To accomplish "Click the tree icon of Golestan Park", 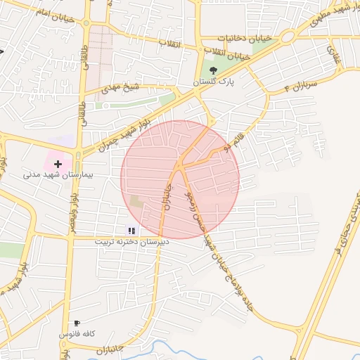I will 213,69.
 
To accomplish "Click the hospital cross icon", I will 58,163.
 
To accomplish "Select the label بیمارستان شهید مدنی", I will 58,174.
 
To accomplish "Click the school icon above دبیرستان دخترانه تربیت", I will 130,230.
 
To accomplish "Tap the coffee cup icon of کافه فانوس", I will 77,323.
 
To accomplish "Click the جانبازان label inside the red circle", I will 168,198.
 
